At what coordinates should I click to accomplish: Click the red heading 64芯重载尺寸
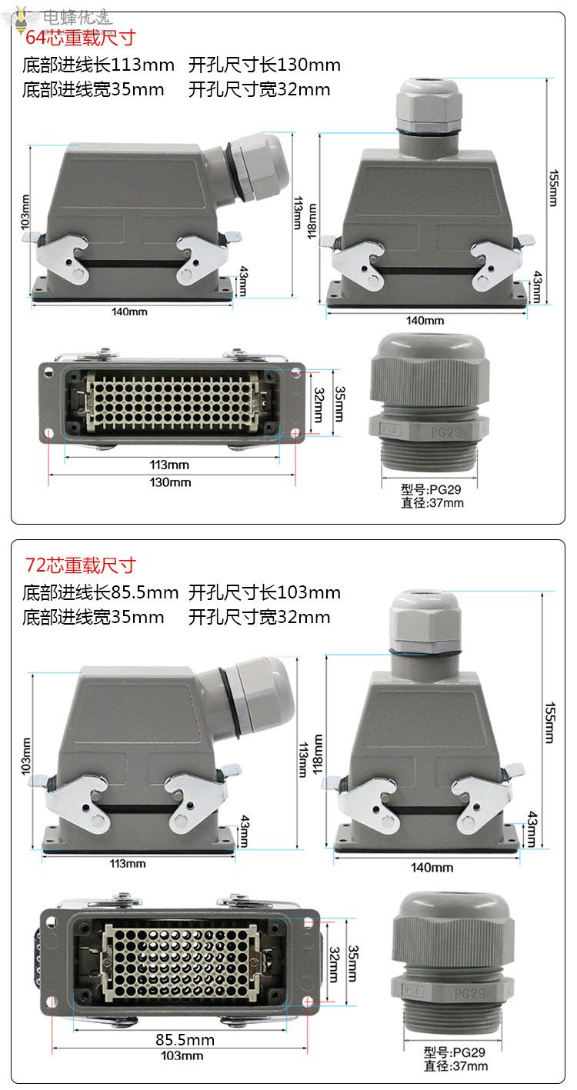click(x=80, y=38)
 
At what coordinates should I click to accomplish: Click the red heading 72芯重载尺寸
click(x=80, y=565)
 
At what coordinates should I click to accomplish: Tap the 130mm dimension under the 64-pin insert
click(x=170, y=482)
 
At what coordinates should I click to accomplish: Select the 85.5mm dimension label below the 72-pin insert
click(x=185, y=1040)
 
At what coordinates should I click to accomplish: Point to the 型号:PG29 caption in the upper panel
click(x=431, y=489)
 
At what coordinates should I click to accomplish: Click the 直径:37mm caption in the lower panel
click(x=455, y=1065)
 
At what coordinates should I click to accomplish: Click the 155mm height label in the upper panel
click(x=553, y=188)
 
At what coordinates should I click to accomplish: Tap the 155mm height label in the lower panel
click(x=549, y=722)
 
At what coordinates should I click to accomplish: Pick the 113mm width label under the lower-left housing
click(x=128, y=864)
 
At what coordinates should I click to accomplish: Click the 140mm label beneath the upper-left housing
click(x=129, y=312)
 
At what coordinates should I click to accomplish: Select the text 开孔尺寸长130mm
click(x=264, y=65)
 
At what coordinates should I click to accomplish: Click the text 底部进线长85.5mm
click(x=100, y=592)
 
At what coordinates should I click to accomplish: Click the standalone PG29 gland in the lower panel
click(x=452, y=956)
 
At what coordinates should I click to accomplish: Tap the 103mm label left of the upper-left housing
click(x=25, y=212)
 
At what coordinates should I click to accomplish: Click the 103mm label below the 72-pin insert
click(x=182, y=1055)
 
